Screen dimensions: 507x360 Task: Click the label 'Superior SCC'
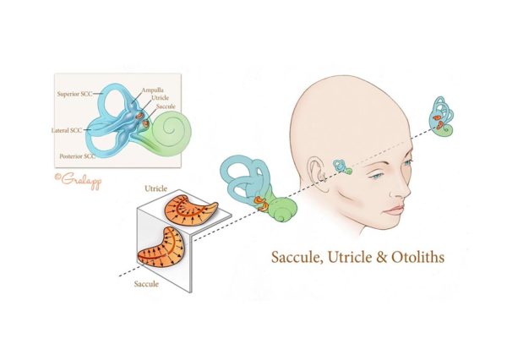tap(74, 94)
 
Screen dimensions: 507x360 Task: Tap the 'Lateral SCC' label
tap(67, 130)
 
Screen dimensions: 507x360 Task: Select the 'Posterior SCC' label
tap(77, 155)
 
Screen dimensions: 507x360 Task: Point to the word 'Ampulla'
tap(153, 90)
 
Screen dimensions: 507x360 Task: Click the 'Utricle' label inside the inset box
tap(160, 98)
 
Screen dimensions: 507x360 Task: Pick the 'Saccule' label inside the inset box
tap(166, 106)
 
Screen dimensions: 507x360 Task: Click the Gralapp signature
tap(79, 179)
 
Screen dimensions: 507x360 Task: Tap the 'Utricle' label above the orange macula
tap(155, 188)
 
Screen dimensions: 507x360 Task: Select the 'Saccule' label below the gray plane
tap(146, 284)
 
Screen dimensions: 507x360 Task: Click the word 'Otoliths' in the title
tap(417, 257)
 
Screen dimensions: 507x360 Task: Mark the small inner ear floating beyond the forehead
tap(441, 116)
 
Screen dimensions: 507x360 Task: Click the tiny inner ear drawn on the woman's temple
tap(342, 166)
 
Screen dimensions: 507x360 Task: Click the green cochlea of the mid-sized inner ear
tap(281, 209)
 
